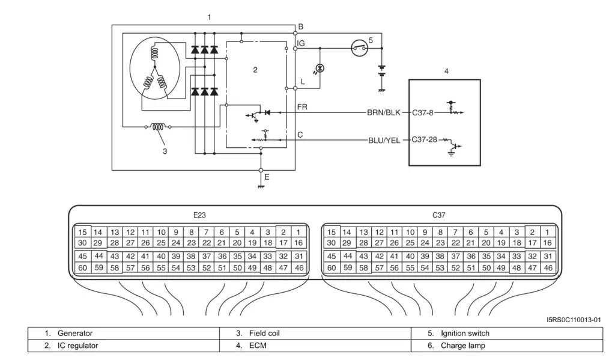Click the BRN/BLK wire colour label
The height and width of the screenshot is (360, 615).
(384, 112)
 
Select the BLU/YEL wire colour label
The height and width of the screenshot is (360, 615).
(384, 140)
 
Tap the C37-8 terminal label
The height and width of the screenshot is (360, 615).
(422, 112)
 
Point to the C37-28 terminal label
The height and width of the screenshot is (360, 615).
(425, 140)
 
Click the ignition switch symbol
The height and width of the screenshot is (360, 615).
(359, 48)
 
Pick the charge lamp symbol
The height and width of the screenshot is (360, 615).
(320, 69)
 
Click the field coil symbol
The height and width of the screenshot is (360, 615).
(158, 127)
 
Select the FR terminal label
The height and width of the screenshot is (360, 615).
(303, 107)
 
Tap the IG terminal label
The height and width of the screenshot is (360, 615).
(301, 43)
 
